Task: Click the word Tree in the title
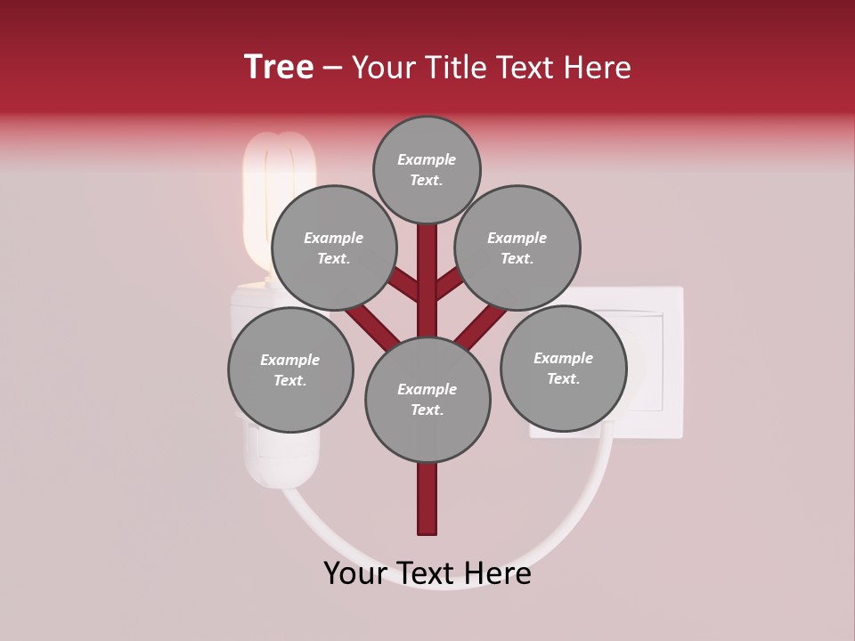click(x=279, y=68)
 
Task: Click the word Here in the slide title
click(x=596, y=68)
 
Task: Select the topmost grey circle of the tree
click(x=427, y=169)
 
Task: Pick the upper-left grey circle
click(x=333, y=247)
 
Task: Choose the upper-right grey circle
click(x=517, y=247)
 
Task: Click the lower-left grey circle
click(x=290, y=369)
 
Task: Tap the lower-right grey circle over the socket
click(x=563, y=367)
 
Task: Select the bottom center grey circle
click(x=427, y=399)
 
